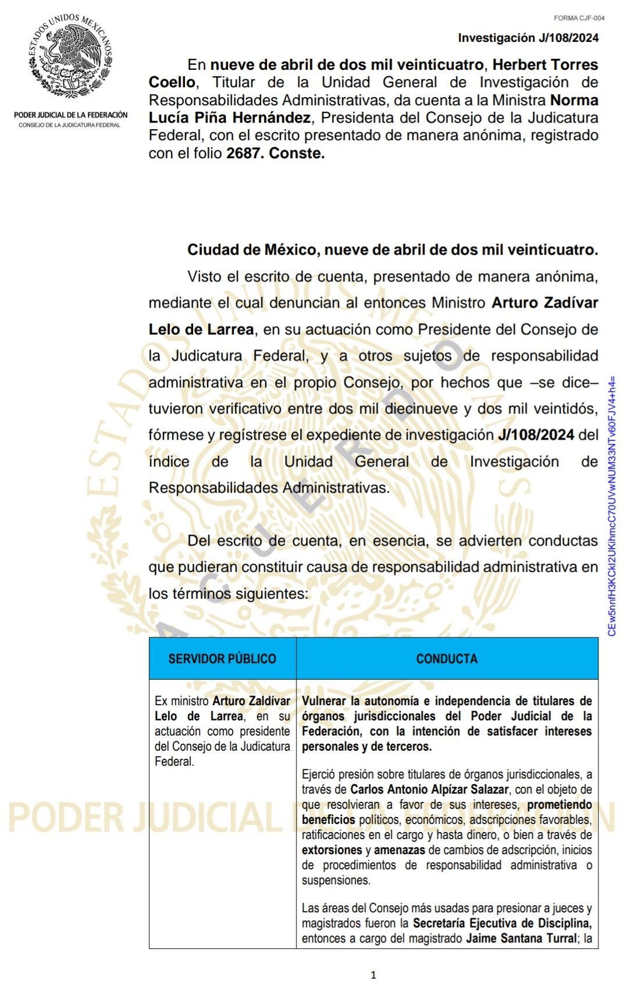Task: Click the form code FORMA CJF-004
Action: pos(579,18)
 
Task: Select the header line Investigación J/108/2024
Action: pos(528,38)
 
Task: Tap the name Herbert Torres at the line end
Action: pos(545,65)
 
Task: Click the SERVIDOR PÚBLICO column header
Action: pos(222,659)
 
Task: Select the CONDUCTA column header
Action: pos(447,659)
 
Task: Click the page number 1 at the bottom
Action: pos(373,974)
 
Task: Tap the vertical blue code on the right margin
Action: pos(612,506)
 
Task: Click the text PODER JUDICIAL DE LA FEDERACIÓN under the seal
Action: pos(71,115)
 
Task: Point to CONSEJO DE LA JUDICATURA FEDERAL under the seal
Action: pos(70,125)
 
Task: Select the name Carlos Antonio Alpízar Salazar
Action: pos(429,790)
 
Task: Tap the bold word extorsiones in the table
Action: pos(331,850)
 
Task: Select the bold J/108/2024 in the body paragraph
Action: pos(536,435)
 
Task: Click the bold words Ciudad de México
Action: pos(252,250)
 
